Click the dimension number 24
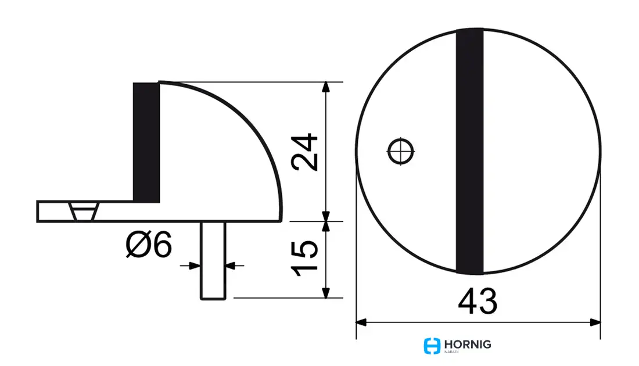coord(304,152)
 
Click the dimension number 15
coord(304,259)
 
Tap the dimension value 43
coord(478,301)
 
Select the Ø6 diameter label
coord(149,245)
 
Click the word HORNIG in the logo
coord(468,345)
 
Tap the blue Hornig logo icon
coord(432,346)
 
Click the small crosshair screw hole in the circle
coord(401,151)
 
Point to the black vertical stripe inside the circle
coord(469,151)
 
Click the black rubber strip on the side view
coord(146,143)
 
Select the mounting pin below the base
coord(213,261)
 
